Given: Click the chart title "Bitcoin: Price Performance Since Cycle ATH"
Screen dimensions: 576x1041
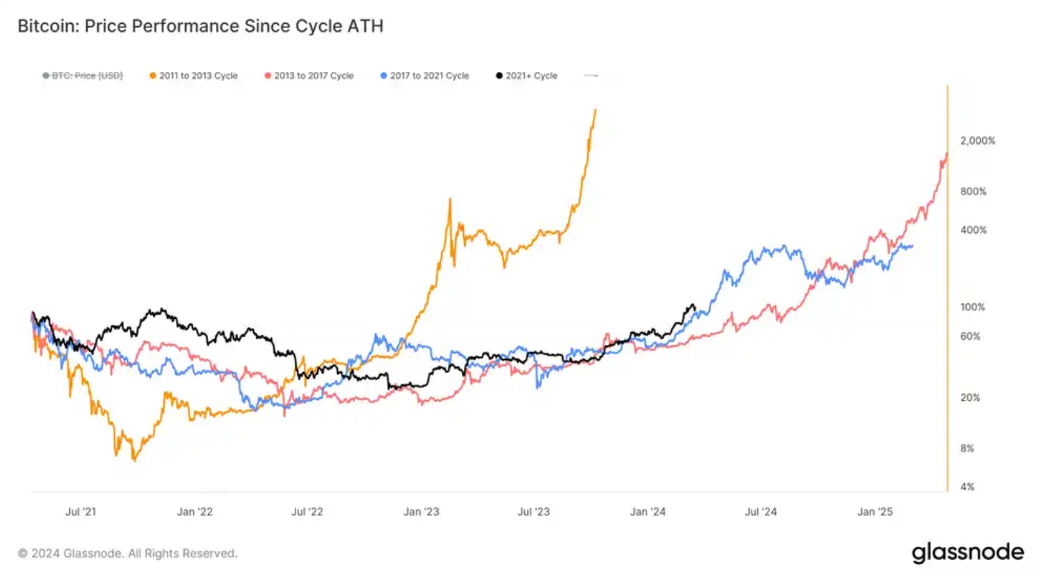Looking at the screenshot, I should pos(200,27).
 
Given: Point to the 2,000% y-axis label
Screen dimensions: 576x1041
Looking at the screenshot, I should pos(977,141).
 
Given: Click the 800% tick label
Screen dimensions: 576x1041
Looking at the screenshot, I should pos(973,192).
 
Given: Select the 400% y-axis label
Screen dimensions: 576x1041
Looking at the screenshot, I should pos(973,230).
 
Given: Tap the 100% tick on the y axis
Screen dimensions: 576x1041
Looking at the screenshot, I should pos(973,307).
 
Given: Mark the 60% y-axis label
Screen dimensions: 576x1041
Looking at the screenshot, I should pos(970,336).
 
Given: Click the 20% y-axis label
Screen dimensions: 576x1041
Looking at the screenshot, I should pos(970,398).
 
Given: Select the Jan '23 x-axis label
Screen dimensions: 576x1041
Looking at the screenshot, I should pos(422,511).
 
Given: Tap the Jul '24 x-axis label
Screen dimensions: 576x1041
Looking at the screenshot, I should pos(760,511).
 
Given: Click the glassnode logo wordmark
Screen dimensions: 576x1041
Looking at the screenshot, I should pos(967,553).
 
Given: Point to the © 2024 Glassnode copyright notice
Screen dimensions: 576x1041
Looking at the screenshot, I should pos(128,554).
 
